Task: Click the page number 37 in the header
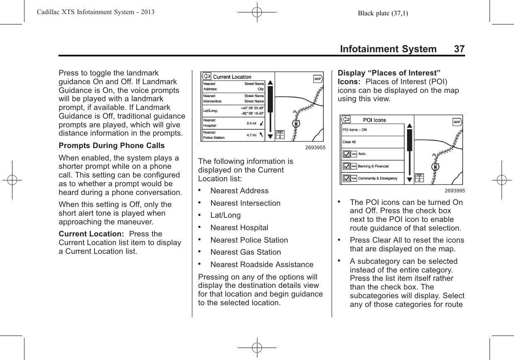coord(459,49)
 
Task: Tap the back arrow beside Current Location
coord(206,77)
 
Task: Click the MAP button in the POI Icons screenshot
coord(457,122)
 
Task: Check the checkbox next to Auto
coord(346,154)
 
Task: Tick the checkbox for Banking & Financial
coord(346,166)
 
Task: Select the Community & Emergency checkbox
coord(346,179)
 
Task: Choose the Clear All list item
coord(373,142)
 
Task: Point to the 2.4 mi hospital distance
coord(251,123)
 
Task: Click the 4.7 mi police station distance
coord(251,135)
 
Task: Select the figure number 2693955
coord(315,148)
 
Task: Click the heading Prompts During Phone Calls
coord(112,146)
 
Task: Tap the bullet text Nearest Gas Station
coord(245,252)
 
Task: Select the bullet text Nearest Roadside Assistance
coord(262,265)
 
